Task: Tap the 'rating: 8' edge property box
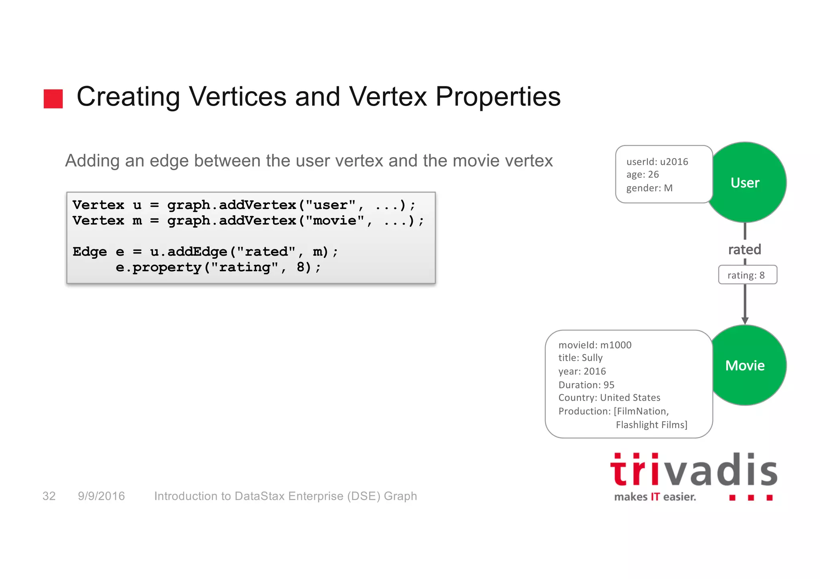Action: [747, 275]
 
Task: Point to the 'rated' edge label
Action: [744, 249]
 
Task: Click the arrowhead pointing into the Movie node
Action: [745, 321]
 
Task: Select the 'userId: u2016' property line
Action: [657, 162]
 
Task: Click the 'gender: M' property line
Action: [649, 188]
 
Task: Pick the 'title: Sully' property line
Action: [580, 358]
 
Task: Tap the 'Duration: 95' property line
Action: [586, 385]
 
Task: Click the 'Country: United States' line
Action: [609, 398]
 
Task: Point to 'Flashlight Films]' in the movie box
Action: [651, 425]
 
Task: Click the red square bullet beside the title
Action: [53, 98]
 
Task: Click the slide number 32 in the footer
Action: [49, 496]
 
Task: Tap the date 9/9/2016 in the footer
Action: [101, 496]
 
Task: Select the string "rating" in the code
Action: [245, 267]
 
